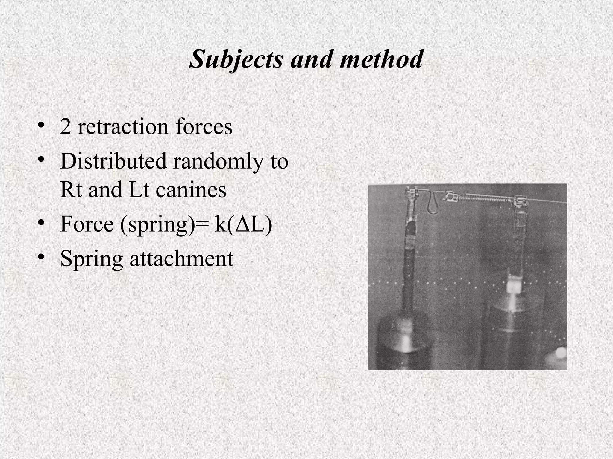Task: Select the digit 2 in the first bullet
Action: pos(65,127)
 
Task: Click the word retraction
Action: pos(123,127)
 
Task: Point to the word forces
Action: pos(204,127)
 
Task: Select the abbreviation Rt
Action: pos(71,189)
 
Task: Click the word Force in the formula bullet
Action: pos(87,224)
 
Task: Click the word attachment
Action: pos(181,258)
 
